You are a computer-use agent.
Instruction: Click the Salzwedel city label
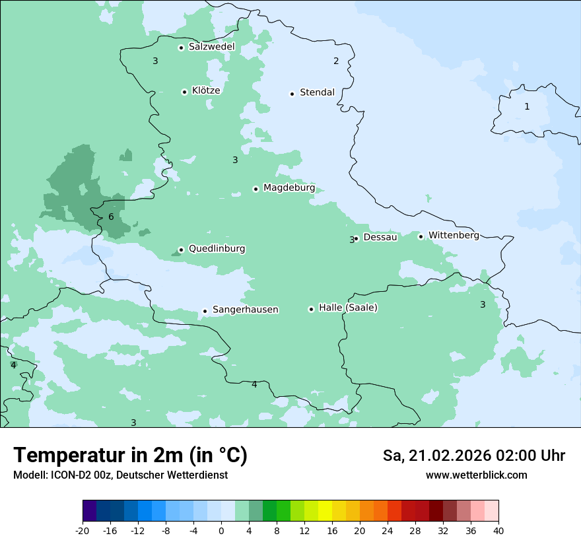211,47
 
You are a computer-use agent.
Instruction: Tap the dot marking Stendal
292,94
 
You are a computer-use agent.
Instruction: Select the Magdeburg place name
289,188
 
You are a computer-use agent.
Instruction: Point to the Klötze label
206,90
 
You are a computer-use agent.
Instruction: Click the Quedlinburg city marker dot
181,250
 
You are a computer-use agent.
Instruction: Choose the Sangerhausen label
245,310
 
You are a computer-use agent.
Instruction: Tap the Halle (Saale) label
348,308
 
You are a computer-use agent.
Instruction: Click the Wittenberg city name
454,235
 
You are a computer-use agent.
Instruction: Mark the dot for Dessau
357,238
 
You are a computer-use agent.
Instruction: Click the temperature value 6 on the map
111,217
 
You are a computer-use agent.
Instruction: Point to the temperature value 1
527,106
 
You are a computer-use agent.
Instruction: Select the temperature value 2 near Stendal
336,61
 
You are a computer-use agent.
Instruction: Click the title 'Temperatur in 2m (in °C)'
131,456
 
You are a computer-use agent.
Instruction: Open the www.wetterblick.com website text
476,475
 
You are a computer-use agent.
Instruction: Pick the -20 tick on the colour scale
83,530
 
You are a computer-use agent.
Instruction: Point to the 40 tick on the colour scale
498,530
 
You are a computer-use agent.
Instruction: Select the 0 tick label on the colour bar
221,530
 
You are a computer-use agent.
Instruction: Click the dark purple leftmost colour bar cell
89,511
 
